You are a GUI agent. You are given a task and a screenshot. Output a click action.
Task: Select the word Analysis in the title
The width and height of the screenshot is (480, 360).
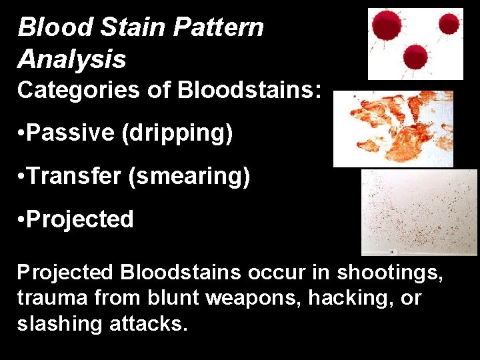(71, 59)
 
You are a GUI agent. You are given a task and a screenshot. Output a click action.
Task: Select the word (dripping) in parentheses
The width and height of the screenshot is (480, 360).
(177, 133)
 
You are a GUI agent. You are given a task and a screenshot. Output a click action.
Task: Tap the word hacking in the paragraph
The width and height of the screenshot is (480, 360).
(344, 298)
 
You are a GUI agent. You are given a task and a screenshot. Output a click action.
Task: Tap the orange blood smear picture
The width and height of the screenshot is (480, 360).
(393, 129)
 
